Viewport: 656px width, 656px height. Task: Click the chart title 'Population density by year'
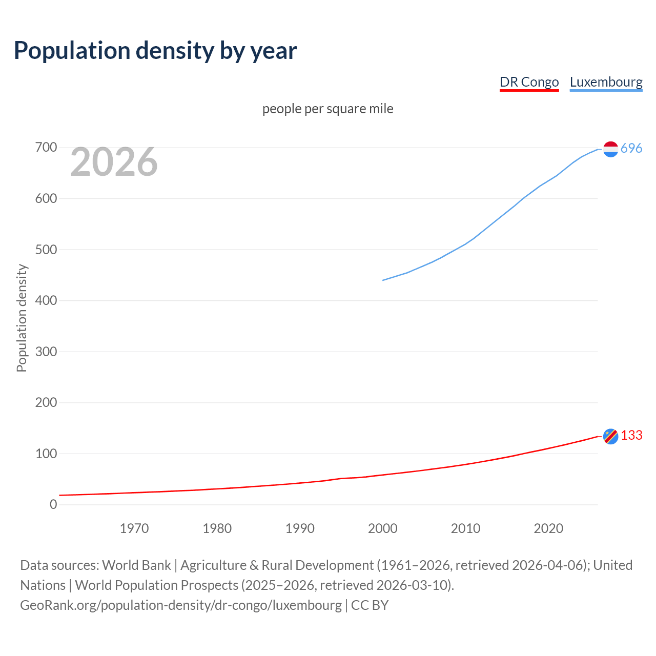pyautogui.click(x=155, y=50)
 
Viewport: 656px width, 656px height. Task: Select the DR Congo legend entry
pyautogui.click(x=529, y=82)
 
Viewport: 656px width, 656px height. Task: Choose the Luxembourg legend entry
pyautogui.click(x=606, y=82)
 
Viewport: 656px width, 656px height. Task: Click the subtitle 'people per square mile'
pyautogui.click(x=327, y=109)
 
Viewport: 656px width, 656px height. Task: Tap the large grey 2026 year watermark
pyautogui.click(x=114, y=162)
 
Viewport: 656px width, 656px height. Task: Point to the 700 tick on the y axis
pyautogui.click(x=46, y=148)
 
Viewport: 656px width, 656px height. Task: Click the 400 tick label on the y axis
pyautogui.click(x=46, y=301)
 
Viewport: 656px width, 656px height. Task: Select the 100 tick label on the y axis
pyautogui.click(x=46, y=454)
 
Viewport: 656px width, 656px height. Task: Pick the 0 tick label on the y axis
pyautogui.click(x=53, y=504)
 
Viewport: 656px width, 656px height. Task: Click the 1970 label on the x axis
pyautogui.click(x=134, y=528)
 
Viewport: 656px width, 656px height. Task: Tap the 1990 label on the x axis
pyautogui.click(x=300, y=528)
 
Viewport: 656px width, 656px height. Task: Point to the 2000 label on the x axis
pyautogui.click(x=383, y=528)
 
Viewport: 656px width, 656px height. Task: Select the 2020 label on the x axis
pyautogui.click(x=548, y=528)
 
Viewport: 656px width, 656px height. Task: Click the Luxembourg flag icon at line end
pyautogui.click(x=610, y=149)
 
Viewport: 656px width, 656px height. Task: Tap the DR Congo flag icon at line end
pyautogui.click(x=610, y=436)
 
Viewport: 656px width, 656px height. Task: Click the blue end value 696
pyautogui.click(x=631, y=148)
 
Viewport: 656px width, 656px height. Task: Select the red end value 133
pyautogui.click(x=631, y=435)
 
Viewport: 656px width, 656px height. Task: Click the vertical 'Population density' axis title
pyautogui.click(x=22, y=318)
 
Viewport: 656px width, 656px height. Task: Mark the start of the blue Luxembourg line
pyautogui.click(x=383, y=280)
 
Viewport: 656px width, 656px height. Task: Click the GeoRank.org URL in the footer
pyautogui.click(x=180, y=605)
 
